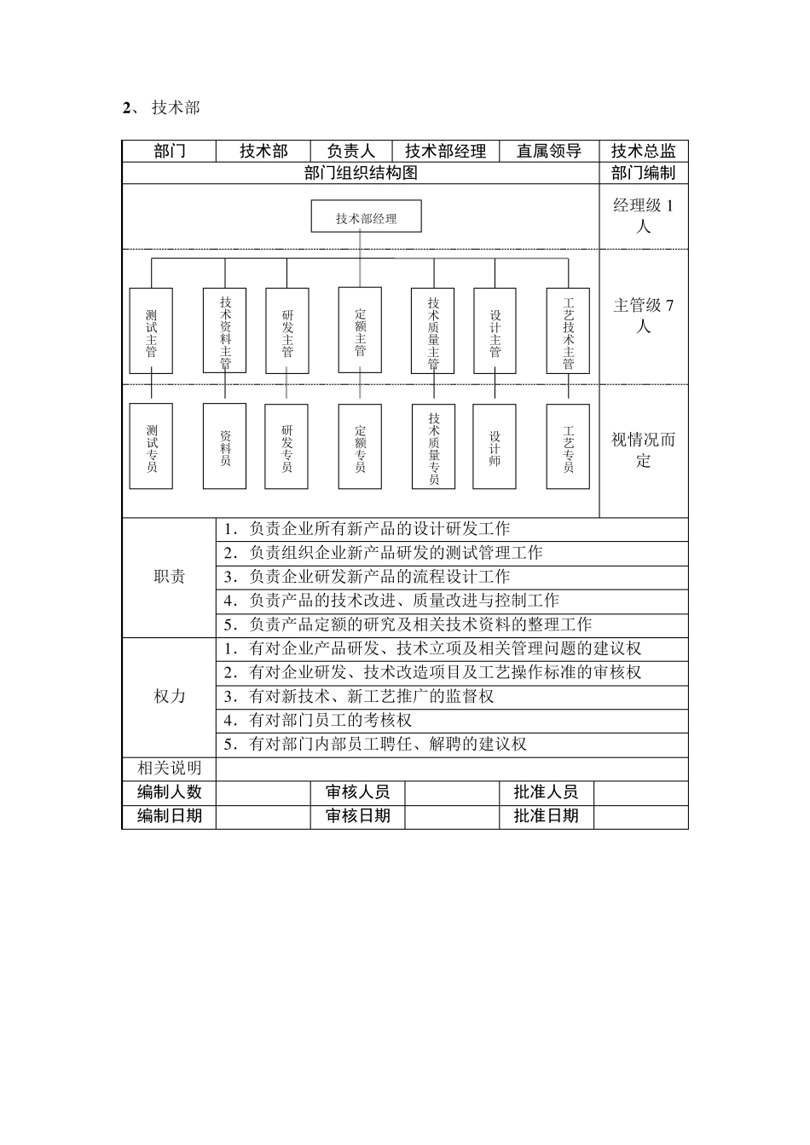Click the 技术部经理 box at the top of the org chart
coord(367,218)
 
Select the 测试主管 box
coord(151,331)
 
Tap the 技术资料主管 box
coord(225,331)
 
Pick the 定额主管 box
coord(360,331)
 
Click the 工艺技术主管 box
coord(569,331)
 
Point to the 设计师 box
coord(495,446)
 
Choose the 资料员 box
coord(225,446)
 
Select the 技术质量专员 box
coord(433,446)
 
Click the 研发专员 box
coord(286,446)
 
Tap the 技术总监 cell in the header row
coord(644,151)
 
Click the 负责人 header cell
coord(351,151)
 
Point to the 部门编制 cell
coord(644,173)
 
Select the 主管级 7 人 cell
coord(644,315)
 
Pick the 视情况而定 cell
coord(644,450)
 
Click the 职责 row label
coord(169,577)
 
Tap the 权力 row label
coord(169,696)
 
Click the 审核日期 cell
coord(357,816)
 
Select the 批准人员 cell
coord(546,792)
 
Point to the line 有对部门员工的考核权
coord(330,721)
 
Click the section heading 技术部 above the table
coord(176,108)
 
